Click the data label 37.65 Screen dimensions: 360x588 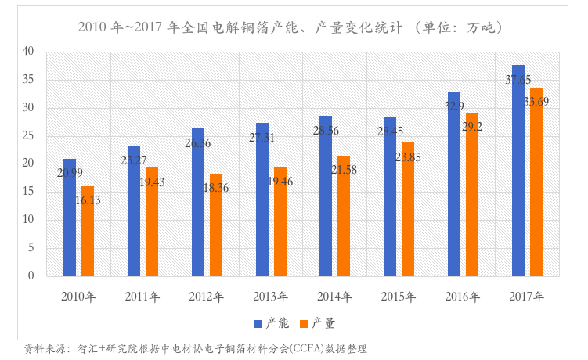click(x=518, y=80)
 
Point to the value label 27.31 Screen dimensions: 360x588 click(x=262, y=138)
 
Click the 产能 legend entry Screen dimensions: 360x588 click(x=271, y=322)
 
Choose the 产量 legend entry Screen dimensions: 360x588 click(x=317, y=322)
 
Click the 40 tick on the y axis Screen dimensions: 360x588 click(x=28, y=52)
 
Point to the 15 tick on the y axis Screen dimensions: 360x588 click(x=28, y=192)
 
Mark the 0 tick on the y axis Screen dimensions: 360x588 click(x=31, y=275)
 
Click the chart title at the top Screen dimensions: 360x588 click(x=290, y=27)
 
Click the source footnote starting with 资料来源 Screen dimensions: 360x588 click(x=196, y=348)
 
